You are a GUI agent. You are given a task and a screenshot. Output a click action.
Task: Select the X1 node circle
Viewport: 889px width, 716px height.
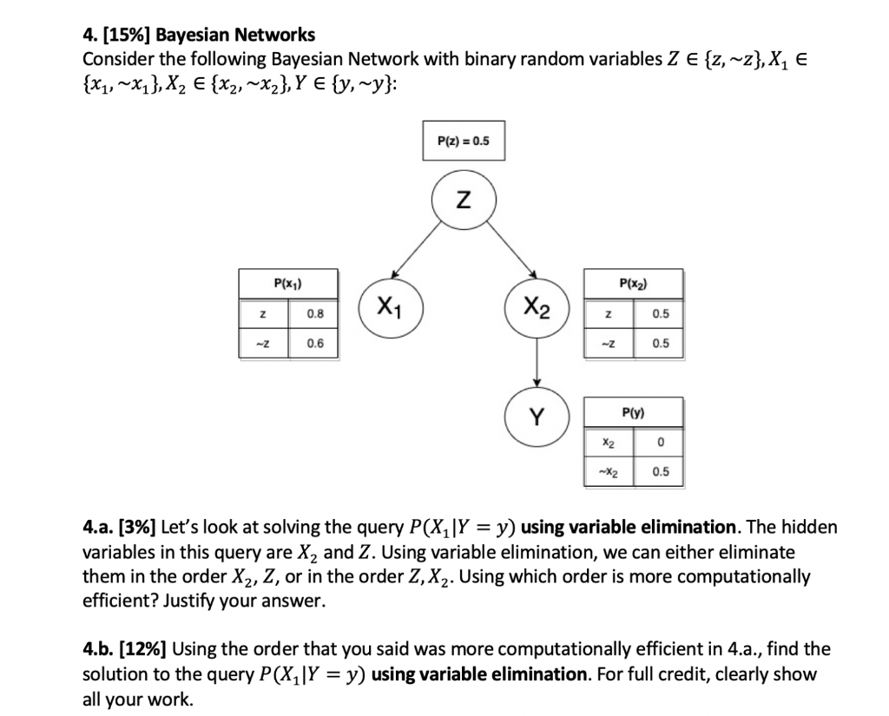tap(390, 305)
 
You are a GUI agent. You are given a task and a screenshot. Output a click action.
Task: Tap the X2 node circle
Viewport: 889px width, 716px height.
tap(537, 305)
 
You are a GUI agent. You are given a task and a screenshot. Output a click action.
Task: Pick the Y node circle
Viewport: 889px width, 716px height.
tap(537, 417)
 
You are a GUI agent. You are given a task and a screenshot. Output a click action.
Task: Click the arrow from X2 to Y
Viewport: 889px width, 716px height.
tap(537, 363)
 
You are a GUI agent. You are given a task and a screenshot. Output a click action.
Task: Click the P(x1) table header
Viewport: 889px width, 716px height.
tap(287, 282)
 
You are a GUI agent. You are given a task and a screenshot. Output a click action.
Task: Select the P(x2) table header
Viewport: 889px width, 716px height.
tap(633, 282)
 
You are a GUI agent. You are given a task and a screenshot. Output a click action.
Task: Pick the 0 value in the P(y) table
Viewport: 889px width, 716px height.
tap(661, 443)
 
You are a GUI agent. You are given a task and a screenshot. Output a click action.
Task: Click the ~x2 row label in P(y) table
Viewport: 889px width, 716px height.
tap(610, 473)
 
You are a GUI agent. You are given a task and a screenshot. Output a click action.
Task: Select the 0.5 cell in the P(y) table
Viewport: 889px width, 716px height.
tap(661, 473)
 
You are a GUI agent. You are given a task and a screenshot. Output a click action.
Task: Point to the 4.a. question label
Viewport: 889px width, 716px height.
tap(99, 528)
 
